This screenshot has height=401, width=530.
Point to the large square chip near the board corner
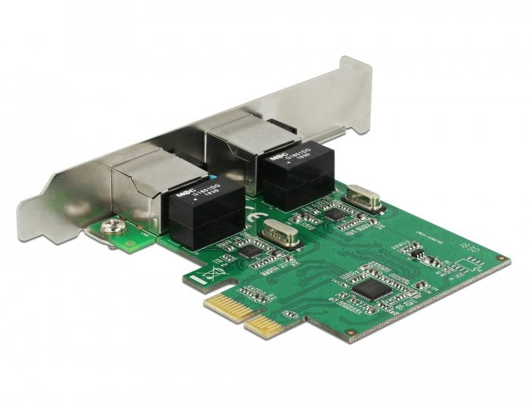(x=370, y=285)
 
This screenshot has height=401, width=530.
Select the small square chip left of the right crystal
(x=333, y=215)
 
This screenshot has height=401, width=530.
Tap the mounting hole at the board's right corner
(x=500, y=260)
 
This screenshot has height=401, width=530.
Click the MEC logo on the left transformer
(x=182, y=194)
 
